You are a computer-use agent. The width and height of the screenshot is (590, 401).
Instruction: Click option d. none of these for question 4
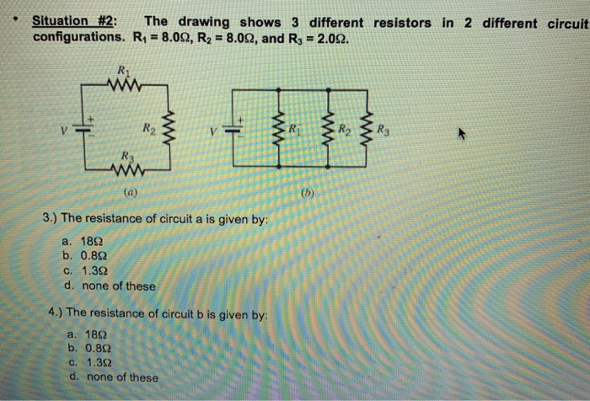(114, 377)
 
